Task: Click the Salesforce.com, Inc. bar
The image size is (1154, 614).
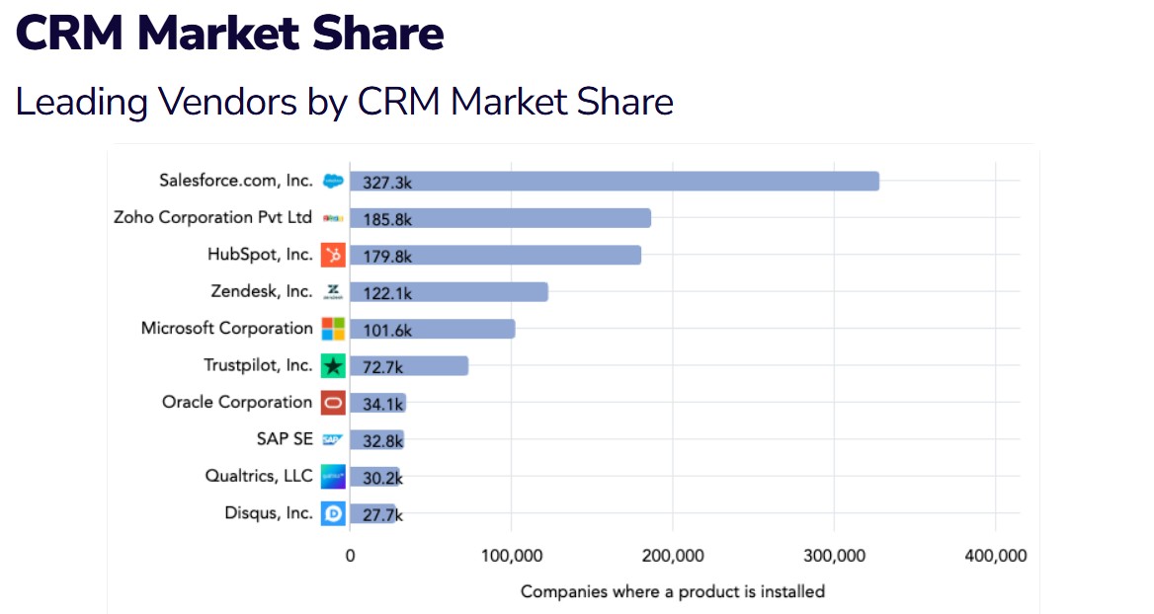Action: coord(614,181)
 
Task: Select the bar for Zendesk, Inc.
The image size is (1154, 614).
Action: coord(449,291)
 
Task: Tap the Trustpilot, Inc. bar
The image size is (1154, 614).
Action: coord(409,365)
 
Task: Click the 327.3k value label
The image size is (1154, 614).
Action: coord(387,182)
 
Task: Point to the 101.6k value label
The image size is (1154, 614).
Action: coord(387,329)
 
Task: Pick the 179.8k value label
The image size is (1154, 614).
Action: coord(387,256)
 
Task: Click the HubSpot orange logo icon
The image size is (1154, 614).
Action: coord(333,255)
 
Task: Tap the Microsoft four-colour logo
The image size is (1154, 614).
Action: coord(333,329)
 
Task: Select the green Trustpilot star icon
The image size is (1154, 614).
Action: coord(333,365)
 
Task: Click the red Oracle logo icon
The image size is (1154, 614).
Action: coord(333,403)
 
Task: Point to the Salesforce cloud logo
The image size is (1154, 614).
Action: coord(333,181)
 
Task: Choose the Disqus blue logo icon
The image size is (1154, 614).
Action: coord(333,513)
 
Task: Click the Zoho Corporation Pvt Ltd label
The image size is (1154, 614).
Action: coord(212,217)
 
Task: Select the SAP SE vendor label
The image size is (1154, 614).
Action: coord(285,439)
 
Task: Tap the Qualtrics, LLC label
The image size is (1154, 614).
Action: coord(259,476)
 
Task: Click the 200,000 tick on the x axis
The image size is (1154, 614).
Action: coord(673,556)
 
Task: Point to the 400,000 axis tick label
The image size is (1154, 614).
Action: coord(994,556)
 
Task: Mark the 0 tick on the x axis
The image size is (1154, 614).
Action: coord(350,556)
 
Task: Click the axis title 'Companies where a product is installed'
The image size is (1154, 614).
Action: coord(672,591)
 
